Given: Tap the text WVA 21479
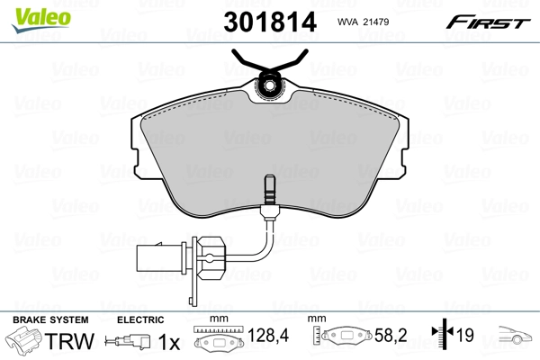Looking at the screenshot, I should click(359, 22).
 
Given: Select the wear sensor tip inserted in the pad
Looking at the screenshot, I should click(268, 192).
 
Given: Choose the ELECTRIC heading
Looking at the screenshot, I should click(140, 319).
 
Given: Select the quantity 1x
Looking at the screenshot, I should click(167, 342).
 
